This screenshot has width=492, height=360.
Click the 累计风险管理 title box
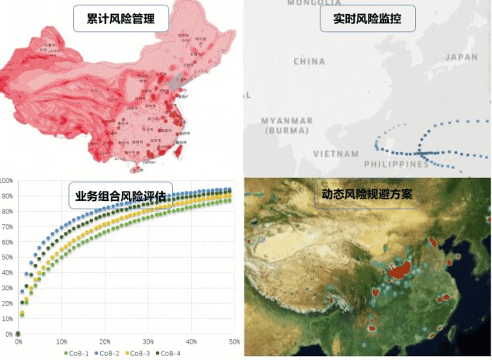coord(121,19)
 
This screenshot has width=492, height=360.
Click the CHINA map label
coord(309,61)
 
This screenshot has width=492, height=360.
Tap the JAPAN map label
coord(461,57)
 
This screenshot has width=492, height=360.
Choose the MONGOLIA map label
coord(314,3)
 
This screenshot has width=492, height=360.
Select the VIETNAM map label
coord(336,154)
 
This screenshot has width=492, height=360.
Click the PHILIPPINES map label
coord(397,164)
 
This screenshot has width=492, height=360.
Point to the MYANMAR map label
coord(286,121)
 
